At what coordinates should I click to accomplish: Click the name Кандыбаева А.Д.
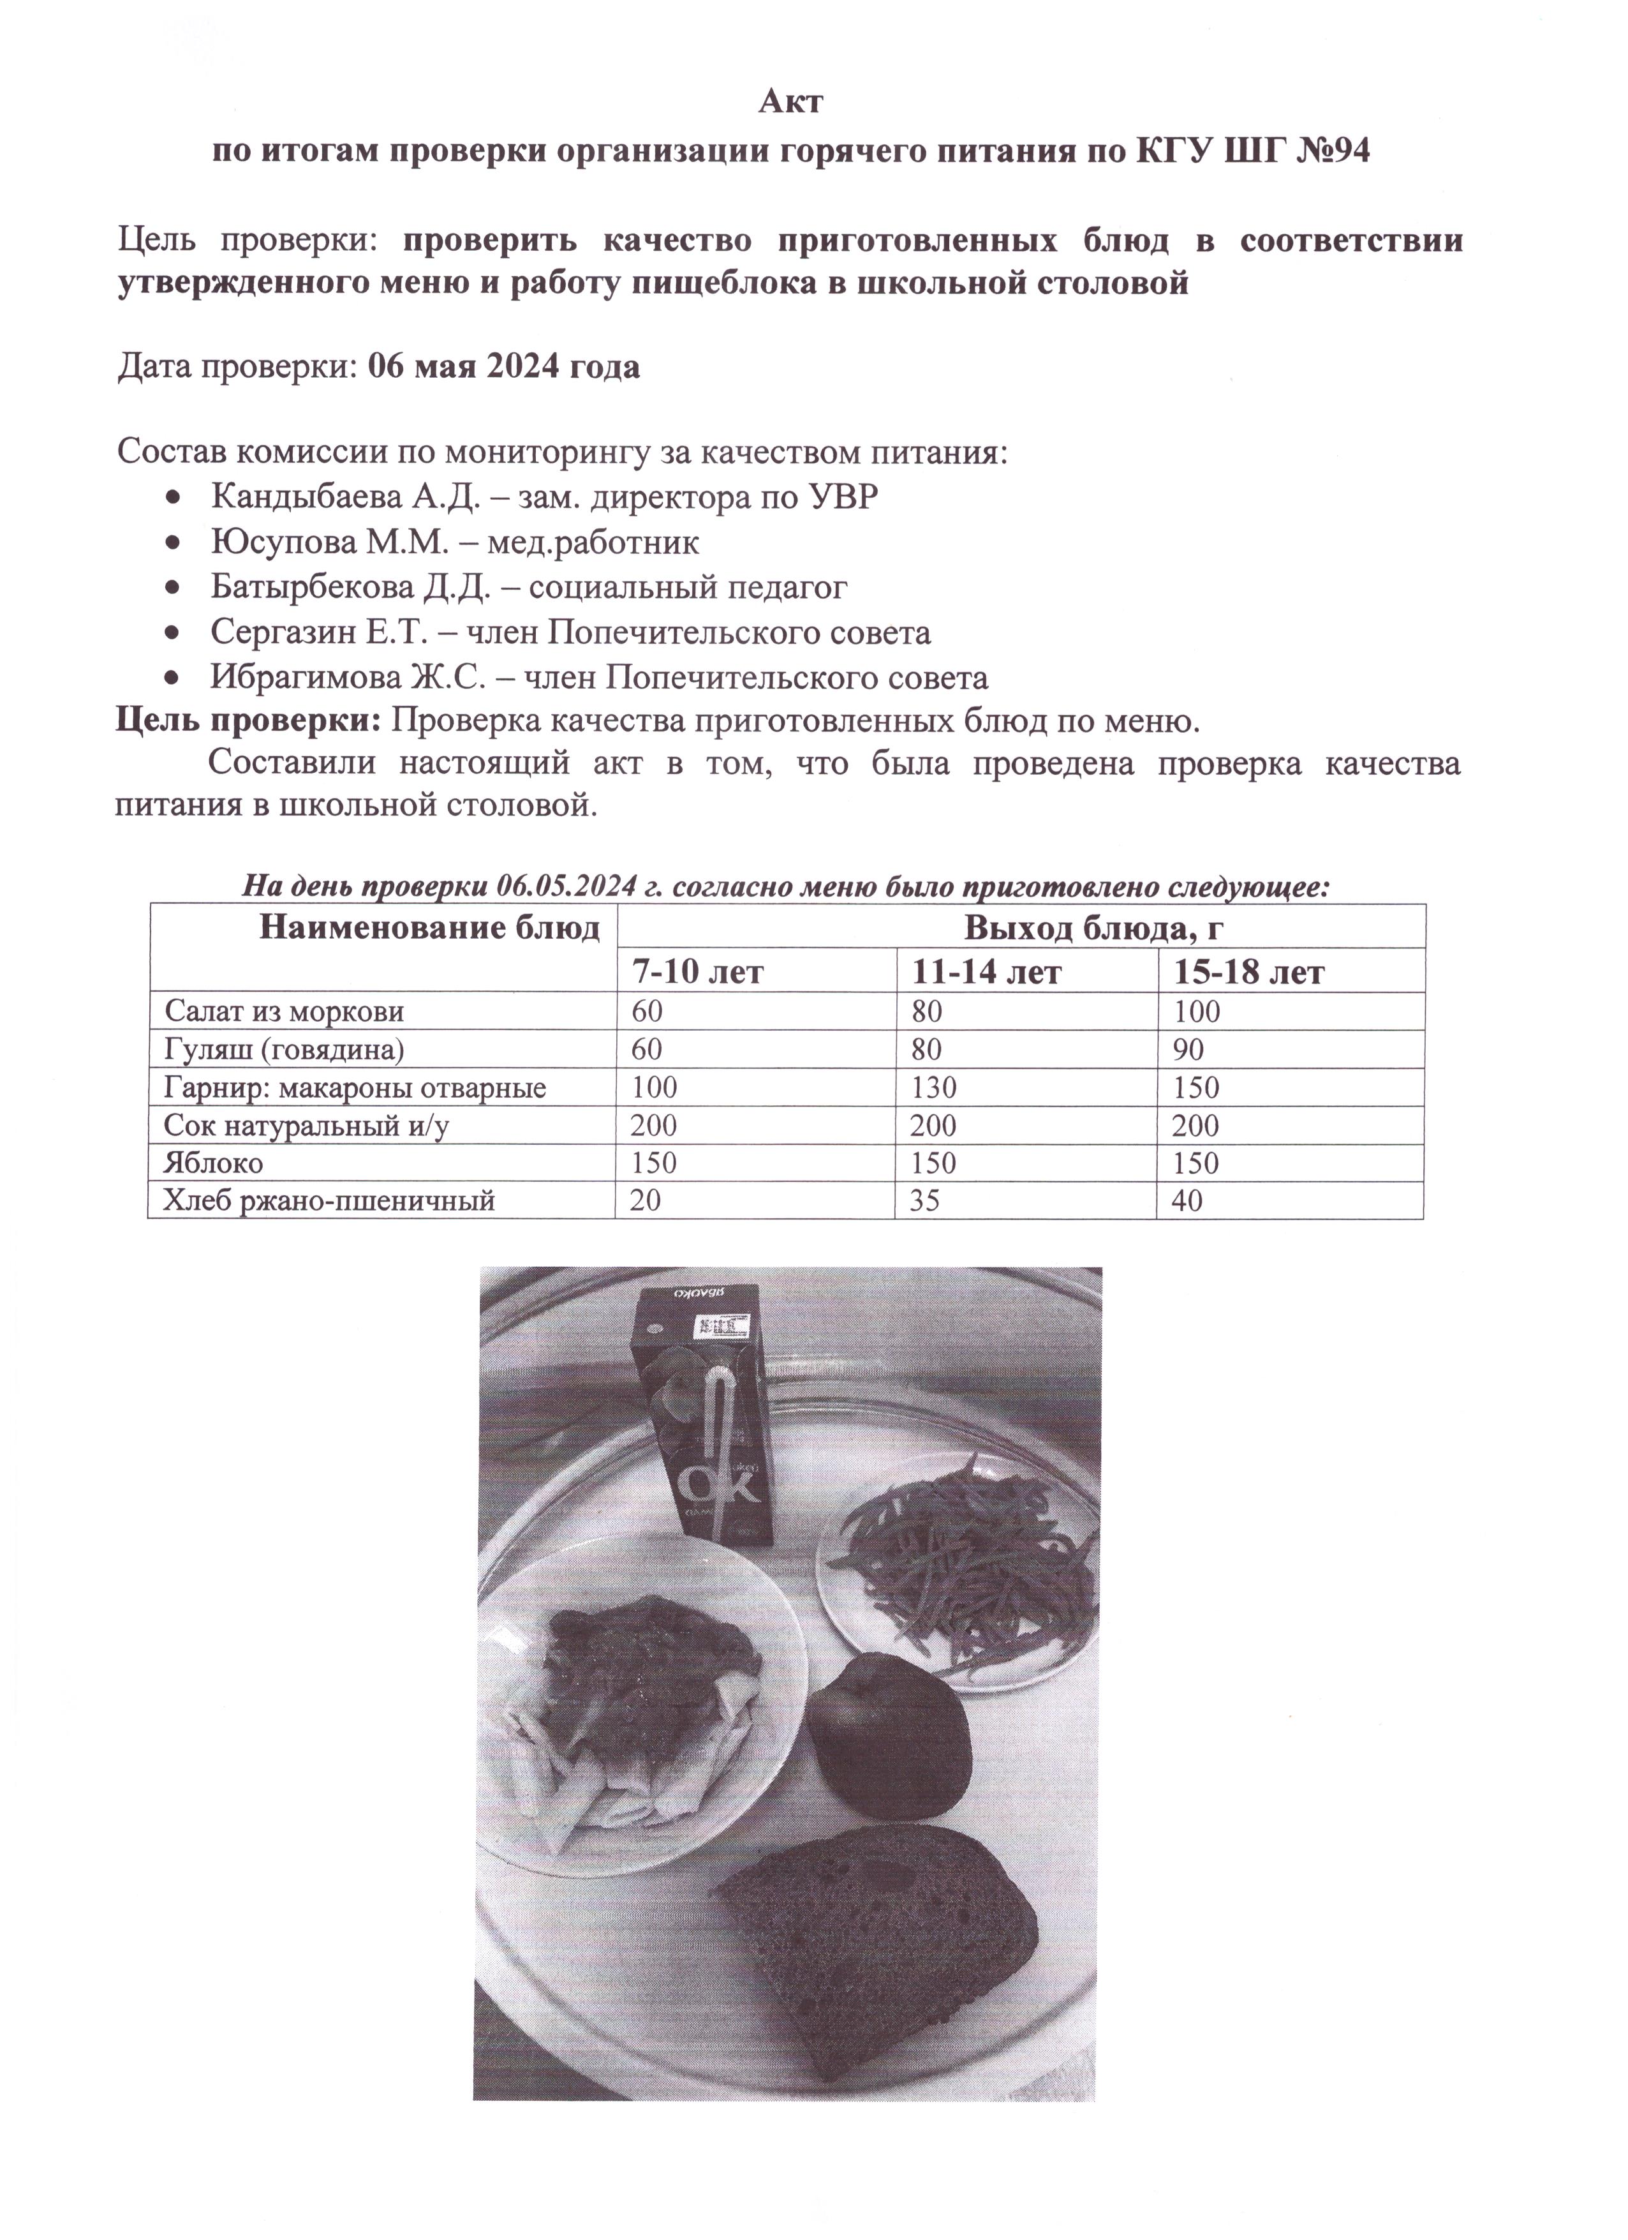(344, 497)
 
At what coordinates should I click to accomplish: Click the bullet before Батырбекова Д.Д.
(174, 588)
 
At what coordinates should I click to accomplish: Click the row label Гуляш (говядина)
(285, 1050)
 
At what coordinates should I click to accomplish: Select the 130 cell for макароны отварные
(934, 1088)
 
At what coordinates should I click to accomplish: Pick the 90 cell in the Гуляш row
(1188, 1050)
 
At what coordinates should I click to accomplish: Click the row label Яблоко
(213, 1163)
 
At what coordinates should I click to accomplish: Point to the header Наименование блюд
(429, 929)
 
